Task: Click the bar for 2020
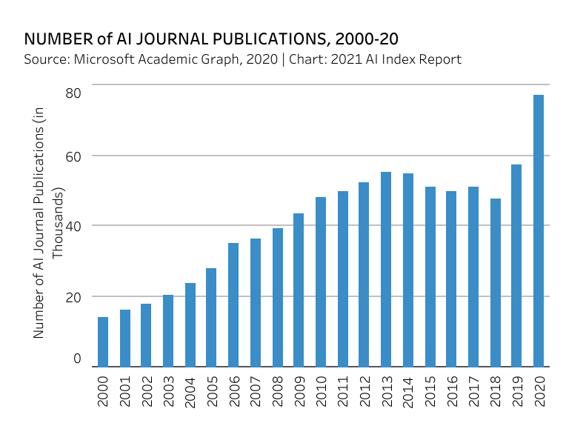539,230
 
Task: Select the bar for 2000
103,342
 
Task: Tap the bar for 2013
386,269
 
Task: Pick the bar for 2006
233,304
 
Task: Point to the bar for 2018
495,282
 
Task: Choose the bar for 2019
516,265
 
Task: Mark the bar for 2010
321,282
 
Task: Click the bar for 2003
168,330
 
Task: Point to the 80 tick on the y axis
73,93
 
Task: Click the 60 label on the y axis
73,156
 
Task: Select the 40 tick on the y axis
73,225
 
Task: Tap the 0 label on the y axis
77,359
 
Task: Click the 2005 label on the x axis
211,390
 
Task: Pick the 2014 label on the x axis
407,390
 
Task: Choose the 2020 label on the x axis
539,390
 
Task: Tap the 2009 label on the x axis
299,390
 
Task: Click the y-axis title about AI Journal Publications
48,222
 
